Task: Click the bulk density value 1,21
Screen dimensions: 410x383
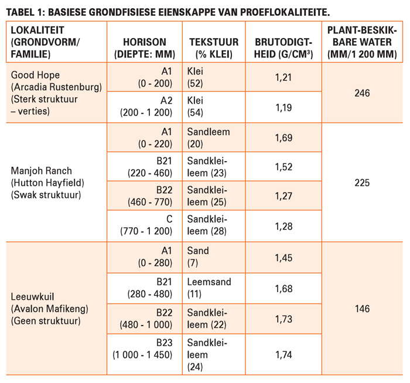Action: (x=283, y=77)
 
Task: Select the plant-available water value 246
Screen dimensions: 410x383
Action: (x=362, y=93)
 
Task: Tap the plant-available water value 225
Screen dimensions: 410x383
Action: (x=362, y=183)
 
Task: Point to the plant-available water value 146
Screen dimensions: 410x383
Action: (x=362, y=309)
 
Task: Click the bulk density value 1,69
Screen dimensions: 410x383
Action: (x=283, y=138)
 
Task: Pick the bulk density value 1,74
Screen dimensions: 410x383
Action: (x=283, y=355)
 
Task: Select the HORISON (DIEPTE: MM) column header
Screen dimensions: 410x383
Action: (x=145, y=48)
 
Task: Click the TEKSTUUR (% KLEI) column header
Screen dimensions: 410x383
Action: (x=214, y=48)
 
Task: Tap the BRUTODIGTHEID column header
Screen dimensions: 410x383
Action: (x=283, y=48)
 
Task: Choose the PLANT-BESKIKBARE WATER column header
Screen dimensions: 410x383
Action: (x=362, y=42)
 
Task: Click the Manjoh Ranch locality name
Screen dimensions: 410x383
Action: (x=42, y=171)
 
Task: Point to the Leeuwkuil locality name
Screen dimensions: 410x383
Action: (x=32, y=297)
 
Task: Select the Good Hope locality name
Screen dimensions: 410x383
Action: (x=35, y=75)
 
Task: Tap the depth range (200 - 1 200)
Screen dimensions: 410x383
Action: (x=146, y=112)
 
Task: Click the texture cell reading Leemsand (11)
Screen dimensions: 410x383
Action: (x=209, y=288)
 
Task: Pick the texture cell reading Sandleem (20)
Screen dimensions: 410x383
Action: (x=209, y=138)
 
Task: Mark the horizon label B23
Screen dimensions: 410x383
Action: (x=164, y=343)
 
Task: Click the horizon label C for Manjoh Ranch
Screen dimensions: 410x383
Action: (x=169, y=219)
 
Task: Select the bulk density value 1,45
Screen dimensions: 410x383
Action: (x=283, y=258)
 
